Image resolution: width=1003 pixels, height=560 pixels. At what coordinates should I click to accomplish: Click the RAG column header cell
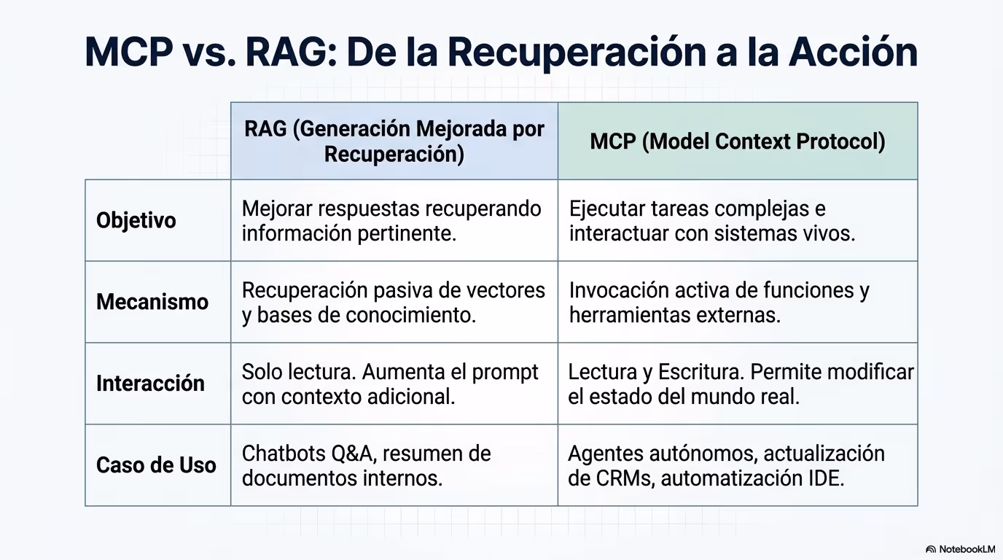pyautogui.click(x=394, y=141)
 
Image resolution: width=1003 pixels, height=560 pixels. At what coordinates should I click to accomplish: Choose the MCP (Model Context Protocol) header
pyautogui.click(x=738, y=141)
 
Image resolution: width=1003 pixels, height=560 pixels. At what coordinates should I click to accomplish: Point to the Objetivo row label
pyautogui.click(x=136, y=220)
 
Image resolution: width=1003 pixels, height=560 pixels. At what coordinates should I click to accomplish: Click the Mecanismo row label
pyautogui.click(x=152, y=302)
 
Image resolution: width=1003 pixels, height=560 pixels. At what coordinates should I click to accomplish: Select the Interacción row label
pyautogui.click(x=150, y=384)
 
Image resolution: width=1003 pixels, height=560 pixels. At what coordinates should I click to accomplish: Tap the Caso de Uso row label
pyautogui.click(x=156, y=465)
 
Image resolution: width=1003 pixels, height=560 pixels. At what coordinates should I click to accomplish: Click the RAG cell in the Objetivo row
pyautogui.click(x=394, y=220)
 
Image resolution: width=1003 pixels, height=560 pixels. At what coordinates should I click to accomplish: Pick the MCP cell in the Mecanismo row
pyautogui.click(x=738, y=302)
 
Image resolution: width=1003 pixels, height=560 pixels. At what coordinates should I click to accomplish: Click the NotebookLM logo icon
pyautogui.click(x=930, y=549)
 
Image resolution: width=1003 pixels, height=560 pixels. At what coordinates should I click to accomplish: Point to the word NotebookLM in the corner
pyautogui.click(x=967, y=549)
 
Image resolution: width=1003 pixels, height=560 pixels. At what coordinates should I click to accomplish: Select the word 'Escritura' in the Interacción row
pyautogui.click(x=700, y=372)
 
